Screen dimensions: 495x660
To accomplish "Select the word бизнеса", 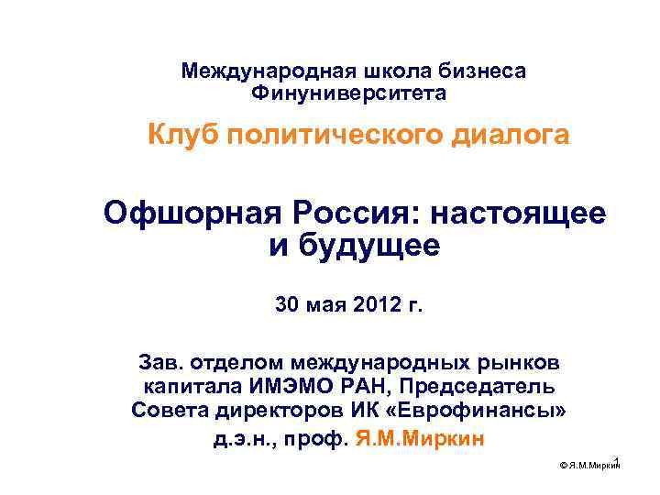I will [484, 71].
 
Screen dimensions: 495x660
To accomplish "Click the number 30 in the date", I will [288, 304].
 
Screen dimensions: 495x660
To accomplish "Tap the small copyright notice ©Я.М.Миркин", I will [588, 467].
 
